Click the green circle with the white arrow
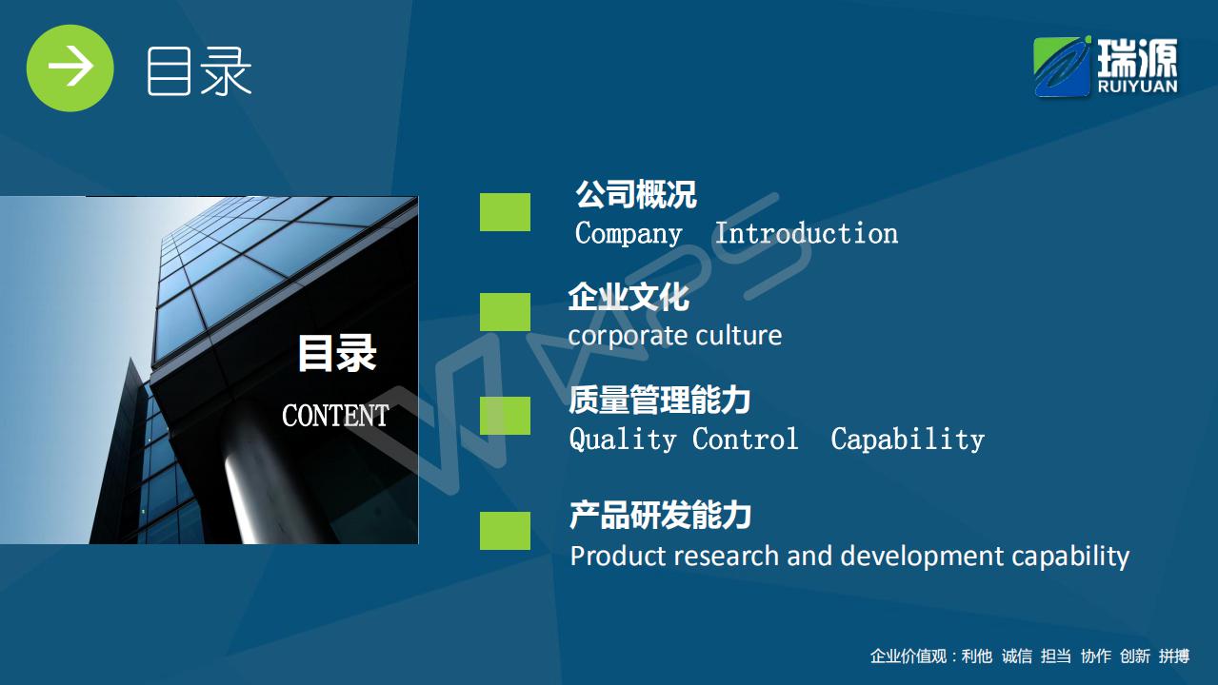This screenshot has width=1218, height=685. (x=70, y=68)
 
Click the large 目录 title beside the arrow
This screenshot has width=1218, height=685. (x=199, y=71)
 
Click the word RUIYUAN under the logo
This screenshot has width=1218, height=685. (x=1137, y=87)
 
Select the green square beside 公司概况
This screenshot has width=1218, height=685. (x=505, y=212)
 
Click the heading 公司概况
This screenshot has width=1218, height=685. (x=636, y=194)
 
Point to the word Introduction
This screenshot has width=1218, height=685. (x=807, y=234)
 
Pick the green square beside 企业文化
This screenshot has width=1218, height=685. (x=505, y=312)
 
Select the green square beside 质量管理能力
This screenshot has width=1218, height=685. (x=505, y=416)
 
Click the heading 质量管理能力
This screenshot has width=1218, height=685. (x=660, y=400)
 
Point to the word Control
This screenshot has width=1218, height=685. (x=746, y=439)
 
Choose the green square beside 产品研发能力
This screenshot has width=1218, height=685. (x=505, y=531)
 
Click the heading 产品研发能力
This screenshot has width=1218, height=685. (x=660, y=515)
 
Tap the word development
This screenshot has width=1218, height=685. (x=922, y=557)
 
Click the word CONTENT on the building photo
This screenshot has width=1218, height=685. (x=335, y=416)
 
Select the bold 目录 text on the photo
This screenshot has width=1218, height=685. (x=337, y=353)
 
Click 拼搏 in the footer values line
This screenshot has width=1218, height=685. (x=1174, y=656)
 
